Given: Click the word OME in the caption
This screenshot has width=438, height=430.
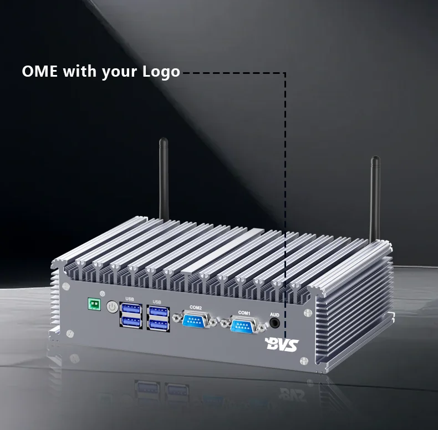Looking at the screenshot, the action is [39, 72].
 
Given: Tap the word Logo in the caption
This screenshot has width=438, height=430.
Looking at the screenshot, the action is [161, 72].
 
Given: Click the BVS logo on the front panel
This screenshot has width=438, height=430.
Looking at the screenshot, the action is [282, 344].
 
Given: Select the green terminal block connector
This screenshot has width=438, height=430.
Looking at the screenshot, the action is [94, 304].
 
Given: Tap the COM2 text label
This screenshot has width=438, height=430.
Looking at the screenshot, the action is [195, 307].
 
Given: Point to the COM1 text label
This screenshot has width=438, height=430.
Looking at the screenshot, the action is [245, 313].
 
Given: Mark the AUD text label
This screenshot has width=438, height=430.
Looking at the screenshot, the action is [274, 315].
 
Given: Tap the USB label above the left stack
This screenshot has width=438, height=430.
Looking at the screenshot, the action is [130, 298].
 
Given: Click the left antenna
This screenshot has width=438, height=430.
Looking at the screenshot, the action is [164, 178].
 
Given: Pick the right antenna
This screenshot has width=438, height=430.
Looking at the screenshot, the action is [375, 197].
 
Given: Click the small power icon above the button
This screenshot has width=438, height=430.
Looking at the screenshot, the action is [103, 293].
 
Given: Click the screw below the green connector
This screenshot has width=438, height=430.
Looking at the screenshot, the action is [70, 333].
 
